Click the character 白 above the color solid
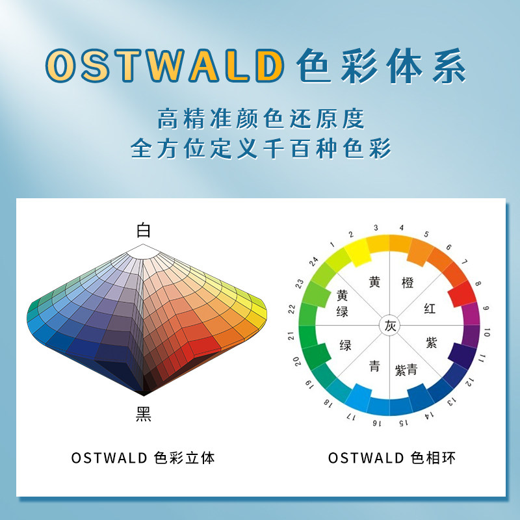click(143, 230)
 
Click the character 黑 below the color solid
click(143, 414)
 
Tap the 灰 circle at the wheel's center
click(389, 326)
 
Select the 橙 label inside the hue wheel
click(408, 283)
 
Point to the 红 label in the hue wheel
click(430, 308)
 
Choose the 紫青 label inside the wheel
click(406, 370)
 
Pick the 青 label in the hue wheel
click(374, 366)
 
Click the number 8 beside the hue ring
click(478, 283)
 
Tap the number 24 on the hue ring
click(313, 261)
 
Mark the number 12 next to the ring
click(469, 382)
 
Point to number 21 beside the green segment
click(291, 335)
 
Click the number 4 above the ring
click(401, 227)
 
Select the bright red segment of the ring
click(462, 294)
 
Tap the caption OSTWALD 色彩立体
click(143, 458)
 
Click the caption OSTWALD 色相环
click(392, 458)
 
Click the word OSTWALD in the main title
click(165, 66)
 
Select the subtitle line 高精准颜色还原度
click(261, 118)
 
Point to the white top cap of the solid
click(143, 252)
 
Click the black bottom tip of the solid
click(144, 393)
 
